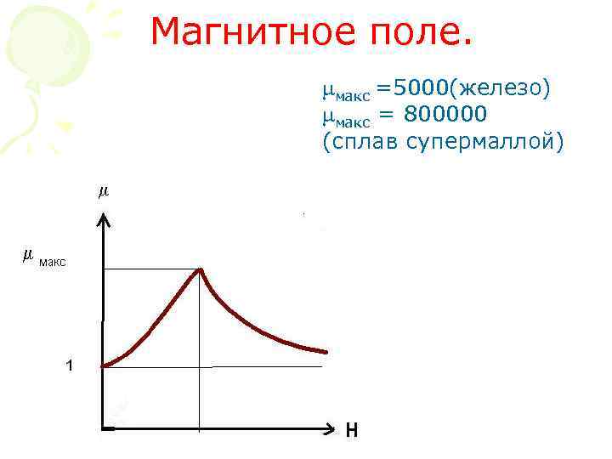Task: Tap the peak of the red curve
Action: pos(201,269)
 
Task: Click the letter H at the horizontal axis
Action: pos(352,431)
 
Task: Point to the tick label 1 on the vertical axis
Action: pos(69,365)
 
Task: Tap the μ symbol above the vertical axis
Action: pos(104,193)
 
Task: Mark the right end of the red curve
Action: pos(325,351)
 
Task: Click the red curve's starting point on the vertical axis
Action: pos(104,366)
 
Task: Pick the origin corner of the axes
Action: pos(103,429)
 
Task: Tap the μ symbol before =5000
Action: pos(328,88)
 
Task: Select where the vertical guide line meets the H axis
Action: pos(199,429)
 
